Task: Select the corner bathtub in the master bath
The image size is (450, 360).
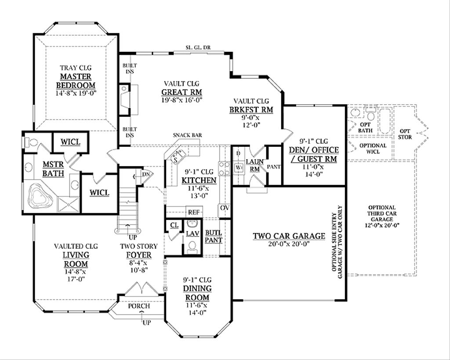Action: pyautogui.click(x=40, y=197)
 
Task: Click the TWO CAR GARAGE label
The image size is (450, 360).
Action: pyautogui.click(x=289, y=236)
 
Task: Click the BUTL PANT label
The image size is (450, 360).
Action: pyautogui.click(x=214, y=236)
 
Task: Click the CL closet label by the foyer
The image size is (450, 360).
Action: pyautogui.click(x=174, y=225)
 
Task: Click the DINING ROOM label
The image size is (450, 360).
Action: pyautogui.click(x=197, y=293)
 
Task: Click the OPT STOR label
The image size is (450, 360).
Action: pyautogui.click(x=405, y=134)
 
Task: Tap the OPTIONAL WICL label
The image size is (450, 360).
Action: pyautogui.click(x=373, y=148)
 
